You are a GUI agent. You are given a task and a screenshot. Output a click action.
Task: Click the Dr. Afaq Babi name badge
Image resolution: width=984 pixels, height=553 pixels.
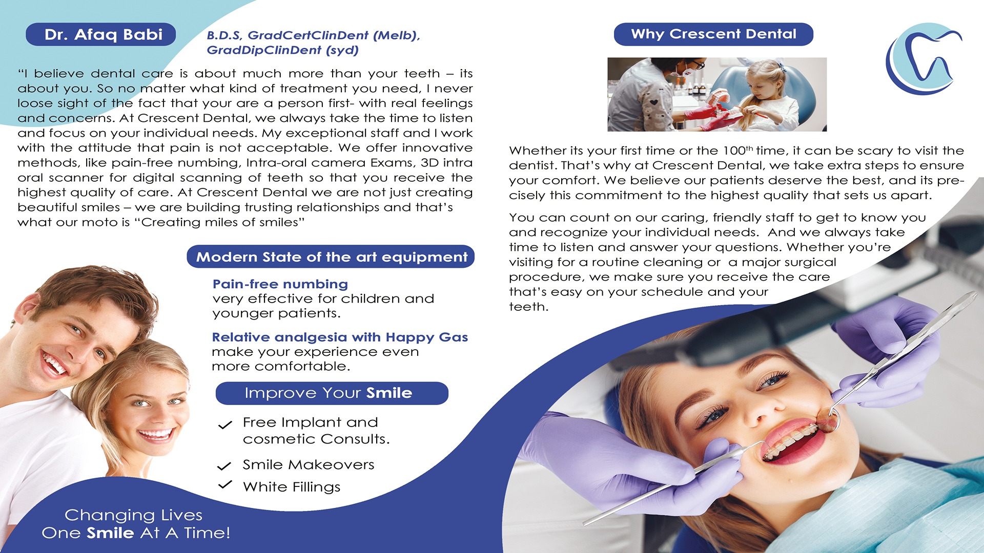(101, 34)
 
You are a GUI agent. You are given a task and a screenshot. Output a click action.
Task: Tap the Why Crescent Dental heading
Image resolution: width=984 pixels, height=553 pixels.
(713, 34)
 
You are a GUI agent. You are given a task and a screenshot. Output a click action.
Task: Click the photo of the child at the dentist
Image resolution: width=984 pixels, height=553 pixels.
(716, 94)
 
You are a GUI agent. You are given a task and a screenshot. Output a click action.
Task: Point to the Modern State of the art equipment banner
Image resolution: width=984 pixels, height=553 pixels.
(331, 257)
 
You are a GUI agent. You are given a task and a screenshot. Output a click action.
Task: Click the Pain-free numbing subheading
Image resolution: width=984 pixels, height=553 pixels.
(280, 284)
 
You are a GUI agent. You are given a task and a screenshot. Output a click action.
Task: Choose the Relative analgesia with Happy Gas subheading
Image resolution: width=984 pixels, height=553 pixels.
(340, 337)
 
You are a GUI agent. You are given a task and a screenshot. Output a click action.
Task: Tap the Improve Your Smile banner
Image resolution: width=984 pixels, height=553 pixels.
(332, 393)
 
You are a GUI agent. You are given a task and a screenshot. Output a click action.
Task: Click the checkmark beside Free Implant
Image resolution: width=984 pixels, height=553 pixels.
(225, 424)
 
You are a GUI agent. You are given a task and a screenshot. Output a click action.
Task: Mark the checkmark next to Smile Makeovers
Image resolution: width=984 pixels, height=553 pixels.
(224, 466)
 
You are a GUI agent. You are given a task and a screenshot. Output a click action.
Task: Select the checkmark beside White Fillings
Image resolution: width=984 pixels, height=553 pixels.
(225, 484)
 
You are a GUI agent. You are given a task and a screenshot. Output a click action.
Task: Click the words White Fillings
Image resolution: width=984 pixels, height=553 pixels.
(291, 486)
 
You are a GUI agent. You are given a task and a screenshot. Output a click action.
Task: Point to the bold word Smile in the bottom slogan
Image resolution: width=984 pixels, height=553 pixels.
(110, 533)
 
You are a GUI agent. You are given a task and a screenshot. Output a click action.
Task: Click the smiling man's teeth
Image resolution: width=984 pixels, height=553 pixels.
(54, 364)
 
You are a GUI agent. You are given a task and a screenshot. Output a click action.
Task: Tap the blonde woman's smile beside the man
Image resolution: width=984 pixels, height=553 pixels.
(155, 435)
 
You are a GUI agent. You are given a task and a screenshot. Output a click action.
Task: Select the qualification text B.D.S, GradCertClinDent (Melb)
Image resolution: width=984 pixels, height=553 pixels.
(313, 35)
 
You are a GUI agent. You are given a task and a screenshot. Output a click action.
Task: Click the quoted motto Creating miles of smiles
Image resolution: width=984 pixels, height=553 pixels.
(222, 222)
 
